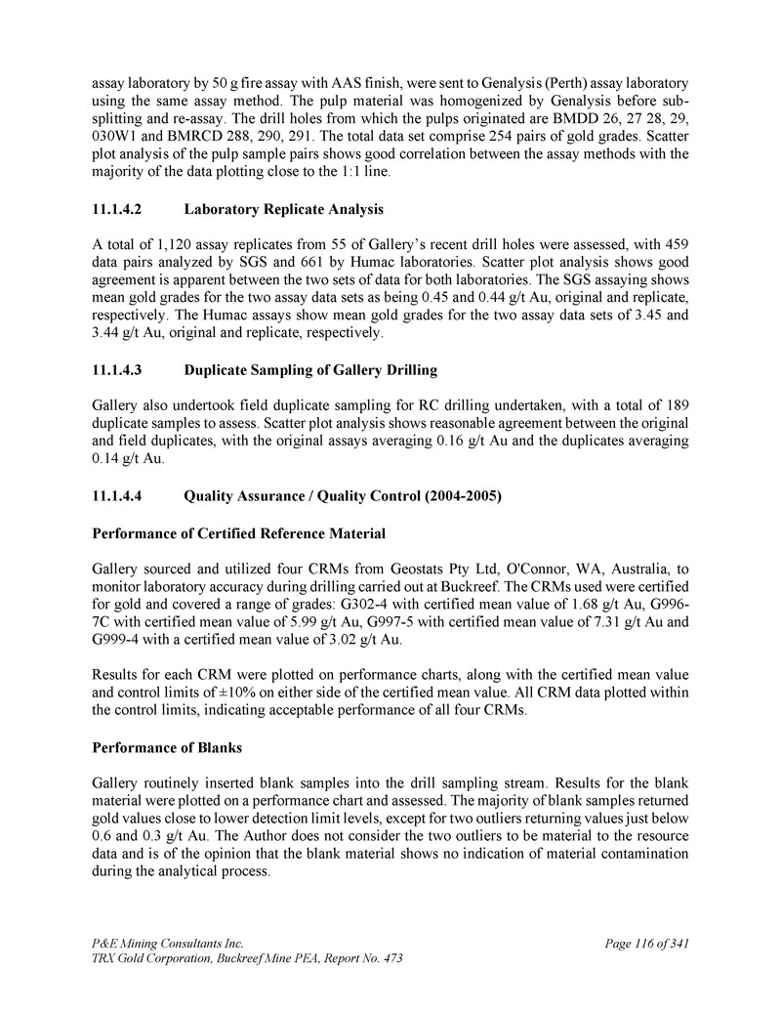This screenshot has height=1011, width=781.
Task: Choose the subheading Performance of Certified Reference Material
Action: (x=238, y=533)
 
